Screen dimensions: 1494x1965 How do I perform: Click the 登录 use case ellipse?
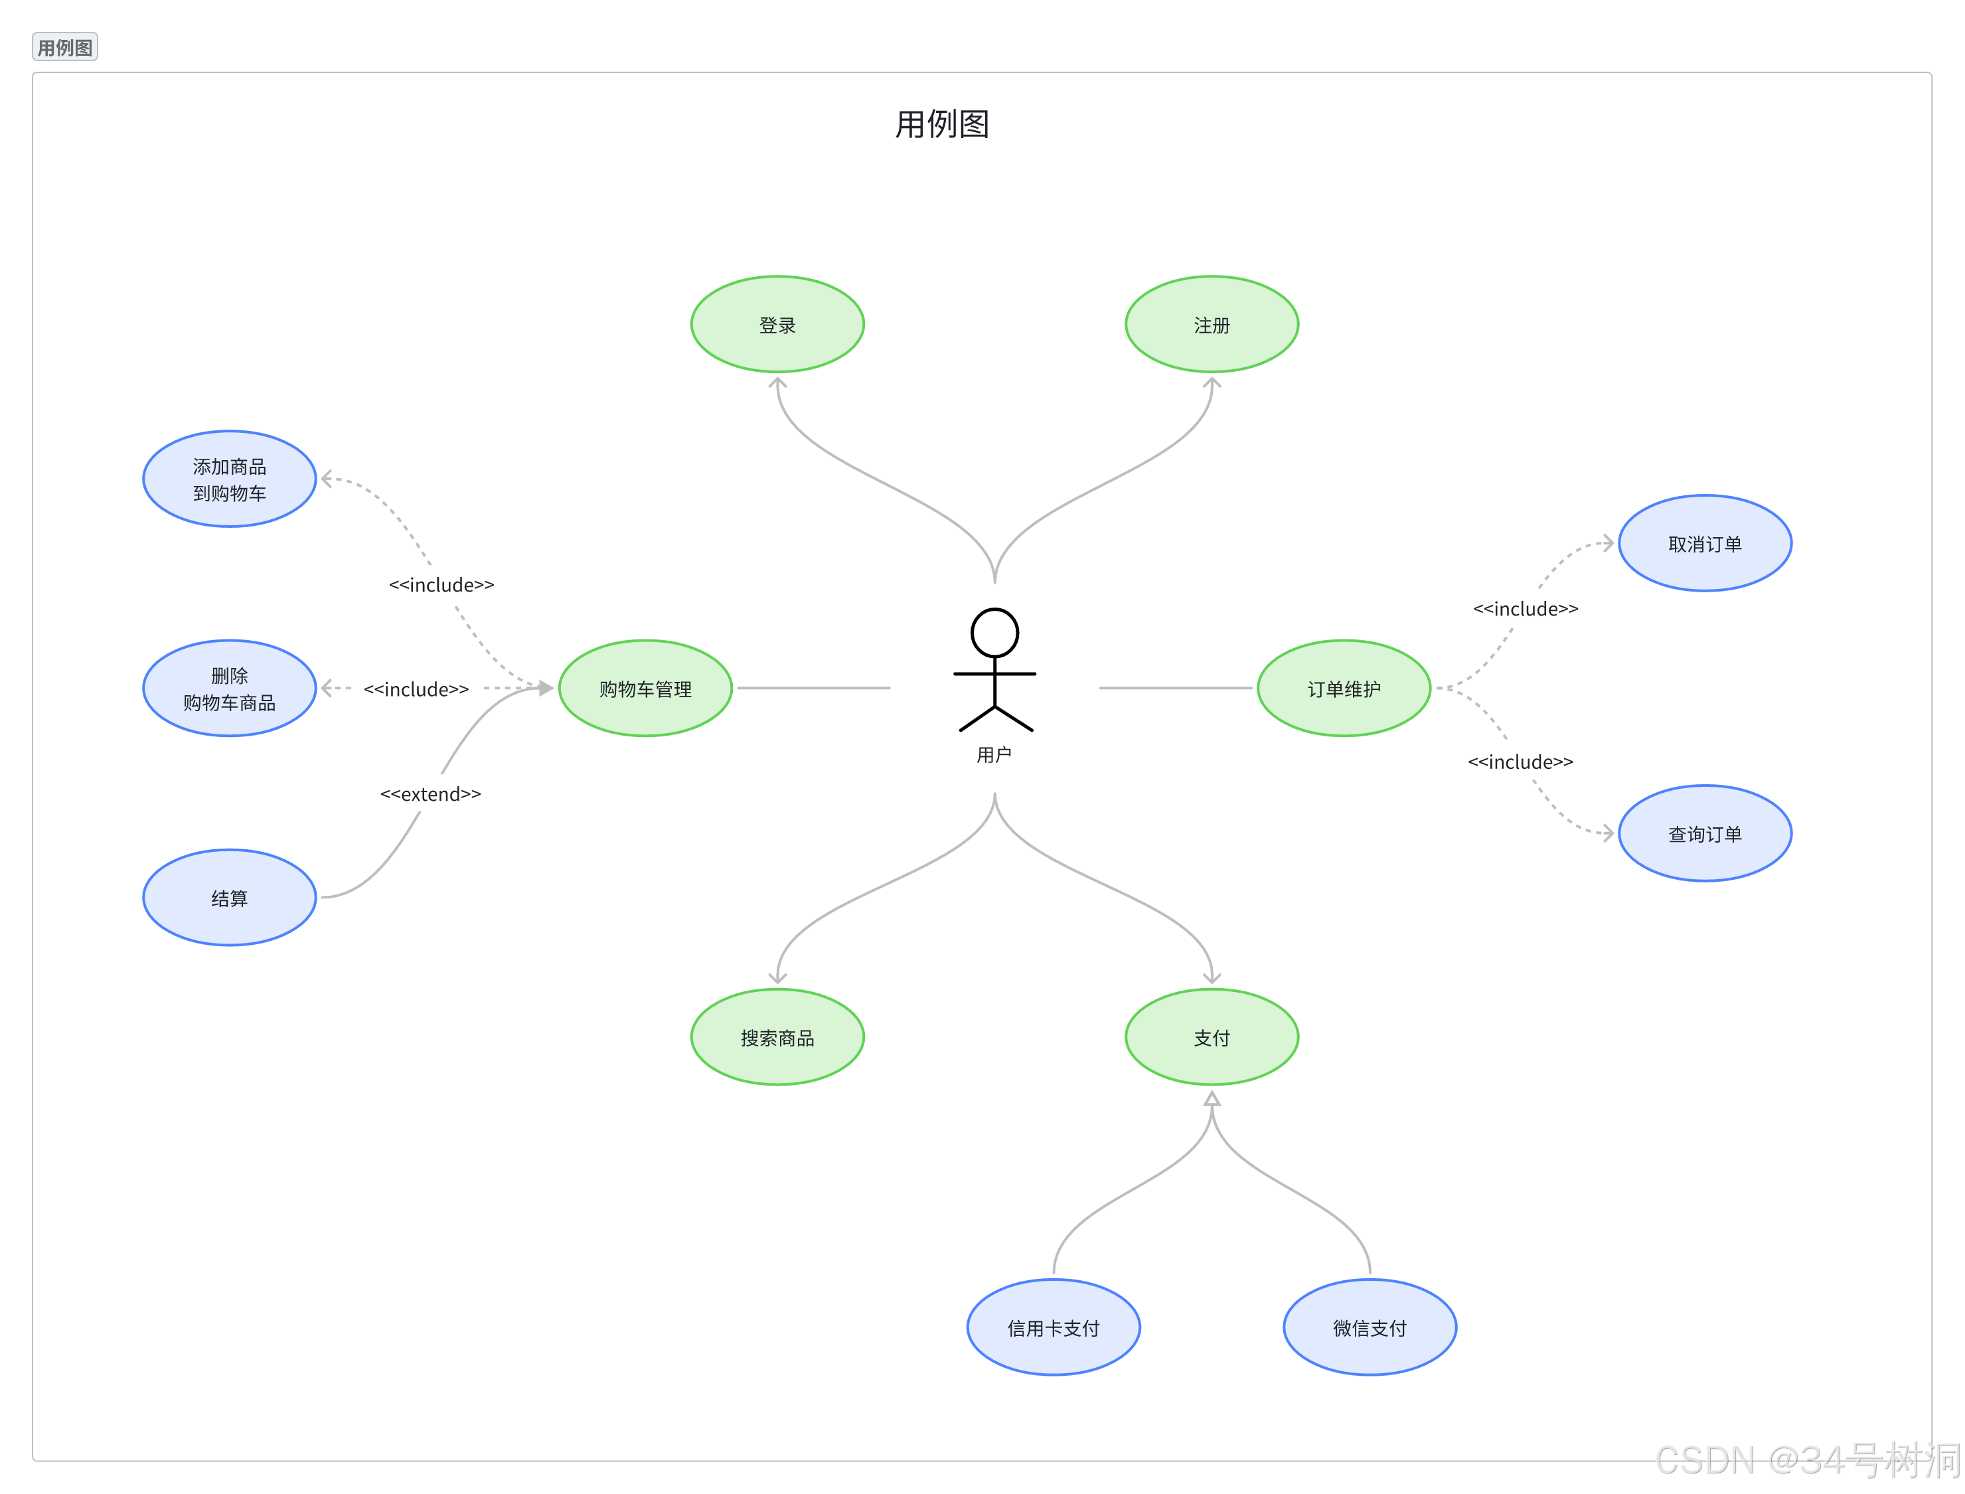pyautogui.click(x=777, y=325)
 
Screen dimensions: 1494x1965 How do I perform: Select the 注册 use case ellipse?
pyautogui.click(x=1211, y=325)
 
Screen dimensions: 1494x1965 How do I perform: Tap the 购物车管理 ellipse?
pyautogui.click(x=645, y=689)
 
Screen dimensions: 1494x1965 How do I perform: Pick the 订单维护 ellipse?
pyautogui.click(x=1344, y=689)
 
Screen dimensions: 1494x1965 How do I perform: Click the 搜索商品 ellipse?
pyautogui.click(x=777, y=1037)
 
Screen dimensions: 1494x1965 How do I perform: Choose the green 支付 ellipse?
pyautogui.click(x=1211, y=1037)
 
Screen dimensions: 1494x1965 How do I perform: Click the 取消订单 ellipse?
pyautogui.click(x=1705, y=543)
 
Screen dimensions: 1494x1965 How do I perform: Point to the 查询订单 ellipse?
pyautogui.click(x=1705, y=833)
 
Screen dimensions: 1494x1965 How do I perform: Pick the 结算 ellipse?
pyautogui.click(x=230, y=897)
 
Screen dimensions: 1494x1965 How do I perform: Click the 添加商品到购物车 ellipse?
pyautogui.click(x=230, y=479)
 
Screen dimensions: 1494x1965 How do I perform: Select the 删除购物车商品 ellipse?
pyautogui.click(x=230, y=689)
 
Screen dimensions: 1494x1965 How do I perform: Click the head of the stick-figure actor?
pyautogui.click(x=994, y=632)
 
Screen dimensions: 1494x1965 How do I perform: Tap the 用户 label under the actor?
pyautogui.click(x=994, y=755)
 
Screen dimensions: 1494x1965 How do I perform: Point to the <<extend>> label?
pyautogui.click(x=430, y=793)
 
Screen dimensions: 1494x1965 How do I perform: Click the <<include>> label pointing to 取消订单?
pyautogui.click(x=1525, y=608)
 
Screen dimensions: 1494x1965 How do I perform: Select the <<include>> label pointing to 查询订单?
pyautogui.click(x=1520, y=761)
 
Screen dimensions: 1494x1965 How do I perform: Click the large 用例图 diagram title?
pyautogui.click(x=941, y=124)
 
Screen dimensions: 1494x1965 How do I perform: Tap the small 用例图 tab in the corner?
pyautogui.click(x=65, y=47)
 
